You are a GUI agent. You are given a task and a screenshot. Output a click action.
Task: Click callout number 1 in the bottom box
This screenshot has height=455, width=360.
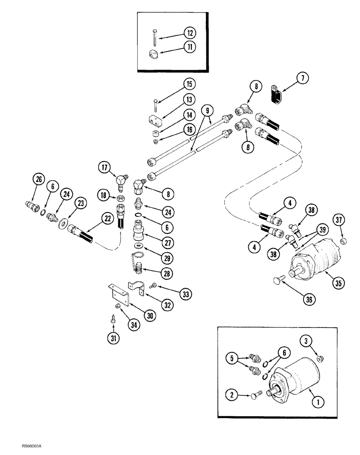click(x=319, y=402)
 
